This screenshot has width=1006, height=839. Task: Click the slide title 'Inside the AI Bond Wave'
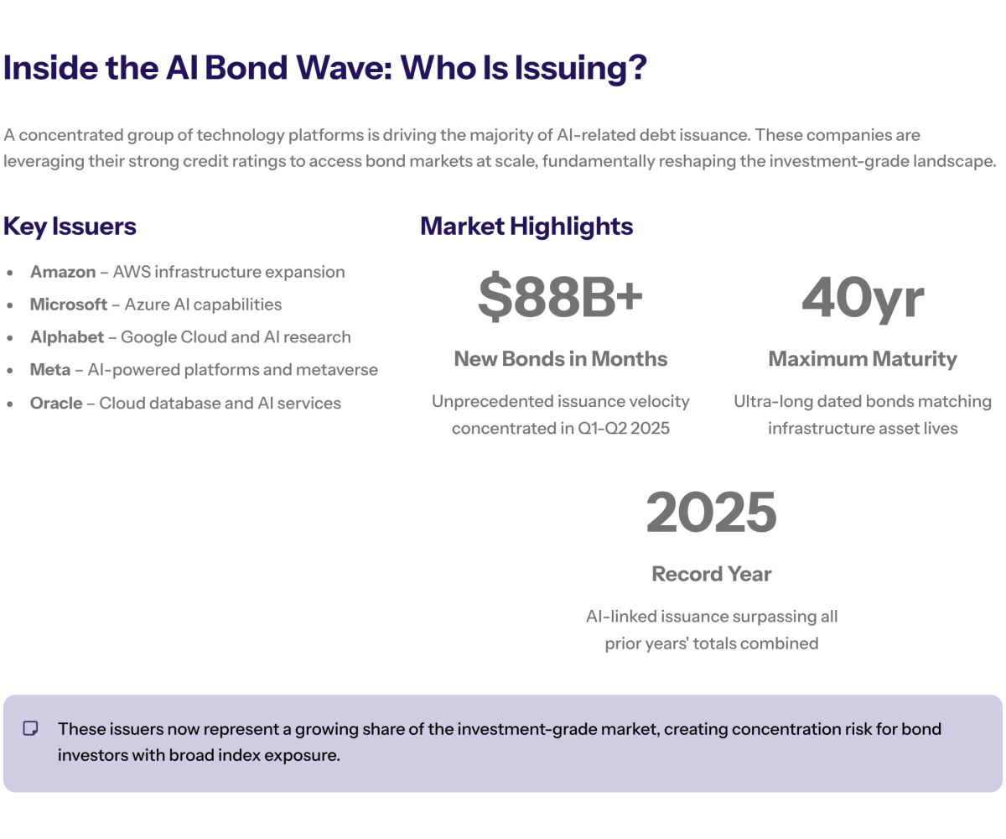324,68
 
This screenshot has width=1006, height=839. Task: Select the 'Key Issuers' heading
70,226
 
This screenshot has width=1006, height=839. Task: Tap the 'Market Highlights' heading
526,226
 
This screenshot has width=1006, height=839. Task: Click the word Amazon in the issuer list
63,272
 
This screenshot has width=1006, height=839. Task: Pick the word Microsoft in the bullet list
69,305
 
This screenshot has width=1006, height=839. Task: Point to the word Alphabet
67,337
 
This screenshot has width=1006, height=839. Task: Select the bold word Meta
50,370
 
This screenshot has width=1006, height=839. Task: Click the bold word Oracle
56,403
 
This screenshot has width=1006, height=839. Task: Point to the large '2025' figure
711,513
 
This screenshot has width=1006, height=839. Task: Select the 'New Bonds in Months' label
560,359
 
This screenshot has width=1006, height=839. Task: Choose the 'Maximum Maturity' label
862,359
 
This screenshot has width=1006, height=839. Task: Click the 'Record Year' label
711,574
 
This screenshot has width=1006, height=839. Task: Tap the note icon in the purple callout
31,728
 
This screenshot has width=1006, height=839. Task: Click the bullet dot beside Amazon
10,273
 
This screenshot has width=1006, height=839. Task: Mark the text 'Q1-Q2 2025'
625,428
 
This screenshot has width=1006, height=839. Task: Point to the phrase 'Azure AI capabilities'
203,305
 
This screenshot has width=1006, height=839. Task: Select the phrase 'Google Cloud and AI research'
236,337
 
